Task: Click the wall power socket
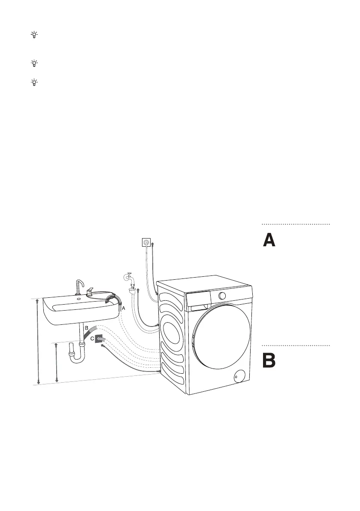(147, 242)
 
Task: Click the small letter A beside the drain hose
(123, 308)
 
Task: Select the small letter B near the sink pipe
(87, 328)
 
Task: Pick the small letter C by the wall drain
(92, 339)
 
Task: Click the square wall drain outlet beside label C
(100, 339)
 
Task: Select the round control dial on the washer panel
(222, 296)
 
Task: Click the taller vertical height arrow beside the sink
(38, 341)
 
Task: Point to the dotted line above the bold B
(296, 345)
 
